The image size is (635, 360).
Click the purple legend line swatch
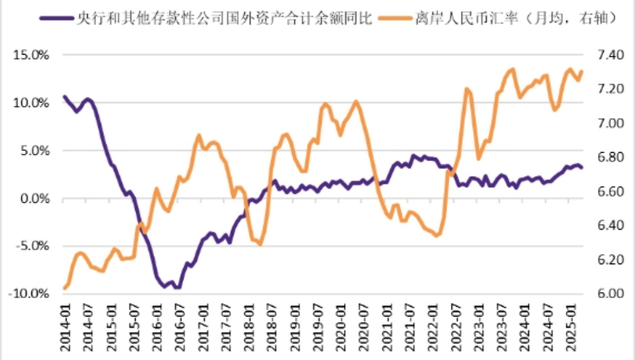(56, 19)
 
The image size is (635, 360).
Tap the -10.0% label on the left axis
(29, 294)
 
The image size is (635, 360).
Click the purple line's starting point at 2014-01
(64, 97)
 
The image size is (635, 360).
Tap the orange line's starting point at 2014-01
(64, 288)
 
